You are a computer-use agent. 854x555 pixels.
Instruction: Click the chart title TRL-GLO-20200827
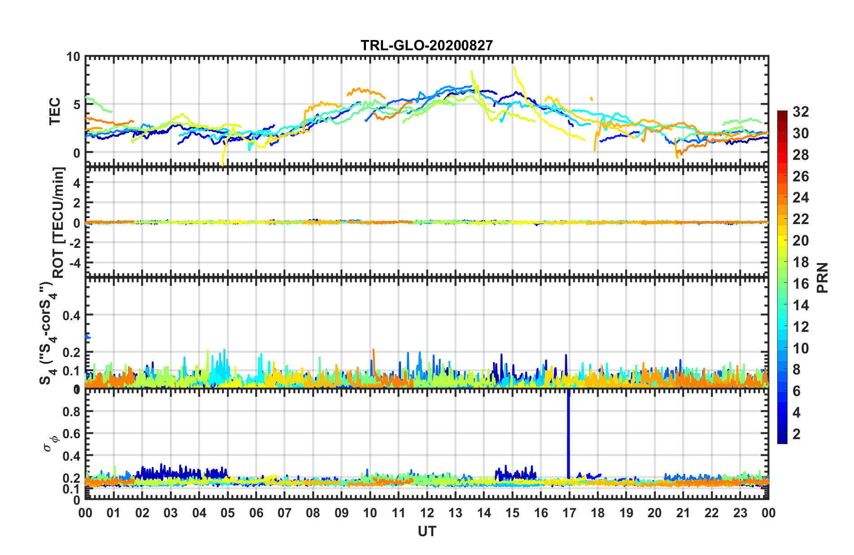click(x=427, y=45)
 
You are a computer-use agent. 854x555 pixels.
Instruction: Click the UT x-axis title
click(x=427, y=532)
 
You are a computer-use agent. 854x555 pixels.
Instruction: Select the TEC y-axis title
click(x=55, y=111)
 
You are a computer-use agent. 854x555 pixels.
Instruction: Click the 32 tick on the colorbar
click(x=801, y=112)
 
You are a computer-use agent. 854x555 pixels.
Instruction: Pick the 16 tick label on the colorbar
click(x=801, y=284)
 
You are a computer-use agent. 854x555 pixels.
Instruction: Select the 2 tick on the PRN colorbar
click(x=797, y=434)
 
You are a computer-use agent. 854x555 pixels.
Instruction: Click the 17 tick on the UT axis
click(x=569, y=513)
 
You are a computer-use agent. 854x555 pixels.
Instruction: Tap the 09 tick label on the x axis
click(x=341, y=513)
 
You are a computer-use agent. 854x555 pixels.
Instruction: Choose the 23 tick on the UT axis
click(x=740, y=513)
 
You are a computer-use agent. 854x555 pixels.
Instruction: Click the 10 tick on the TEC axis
click(x=73, y=57)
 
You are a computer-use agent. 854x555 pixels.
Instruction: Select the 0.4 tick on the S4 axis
click(x=71, y=316)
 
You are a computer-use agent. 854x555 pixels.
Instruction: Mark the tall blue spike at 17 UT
click(x=568, y=431)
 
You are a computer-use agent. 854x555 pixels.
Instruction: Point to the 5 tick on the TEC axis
click(x=76, y=105)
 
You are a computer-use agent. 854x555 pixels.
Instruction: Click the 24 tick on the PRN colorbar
click(x=801, y=198)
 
